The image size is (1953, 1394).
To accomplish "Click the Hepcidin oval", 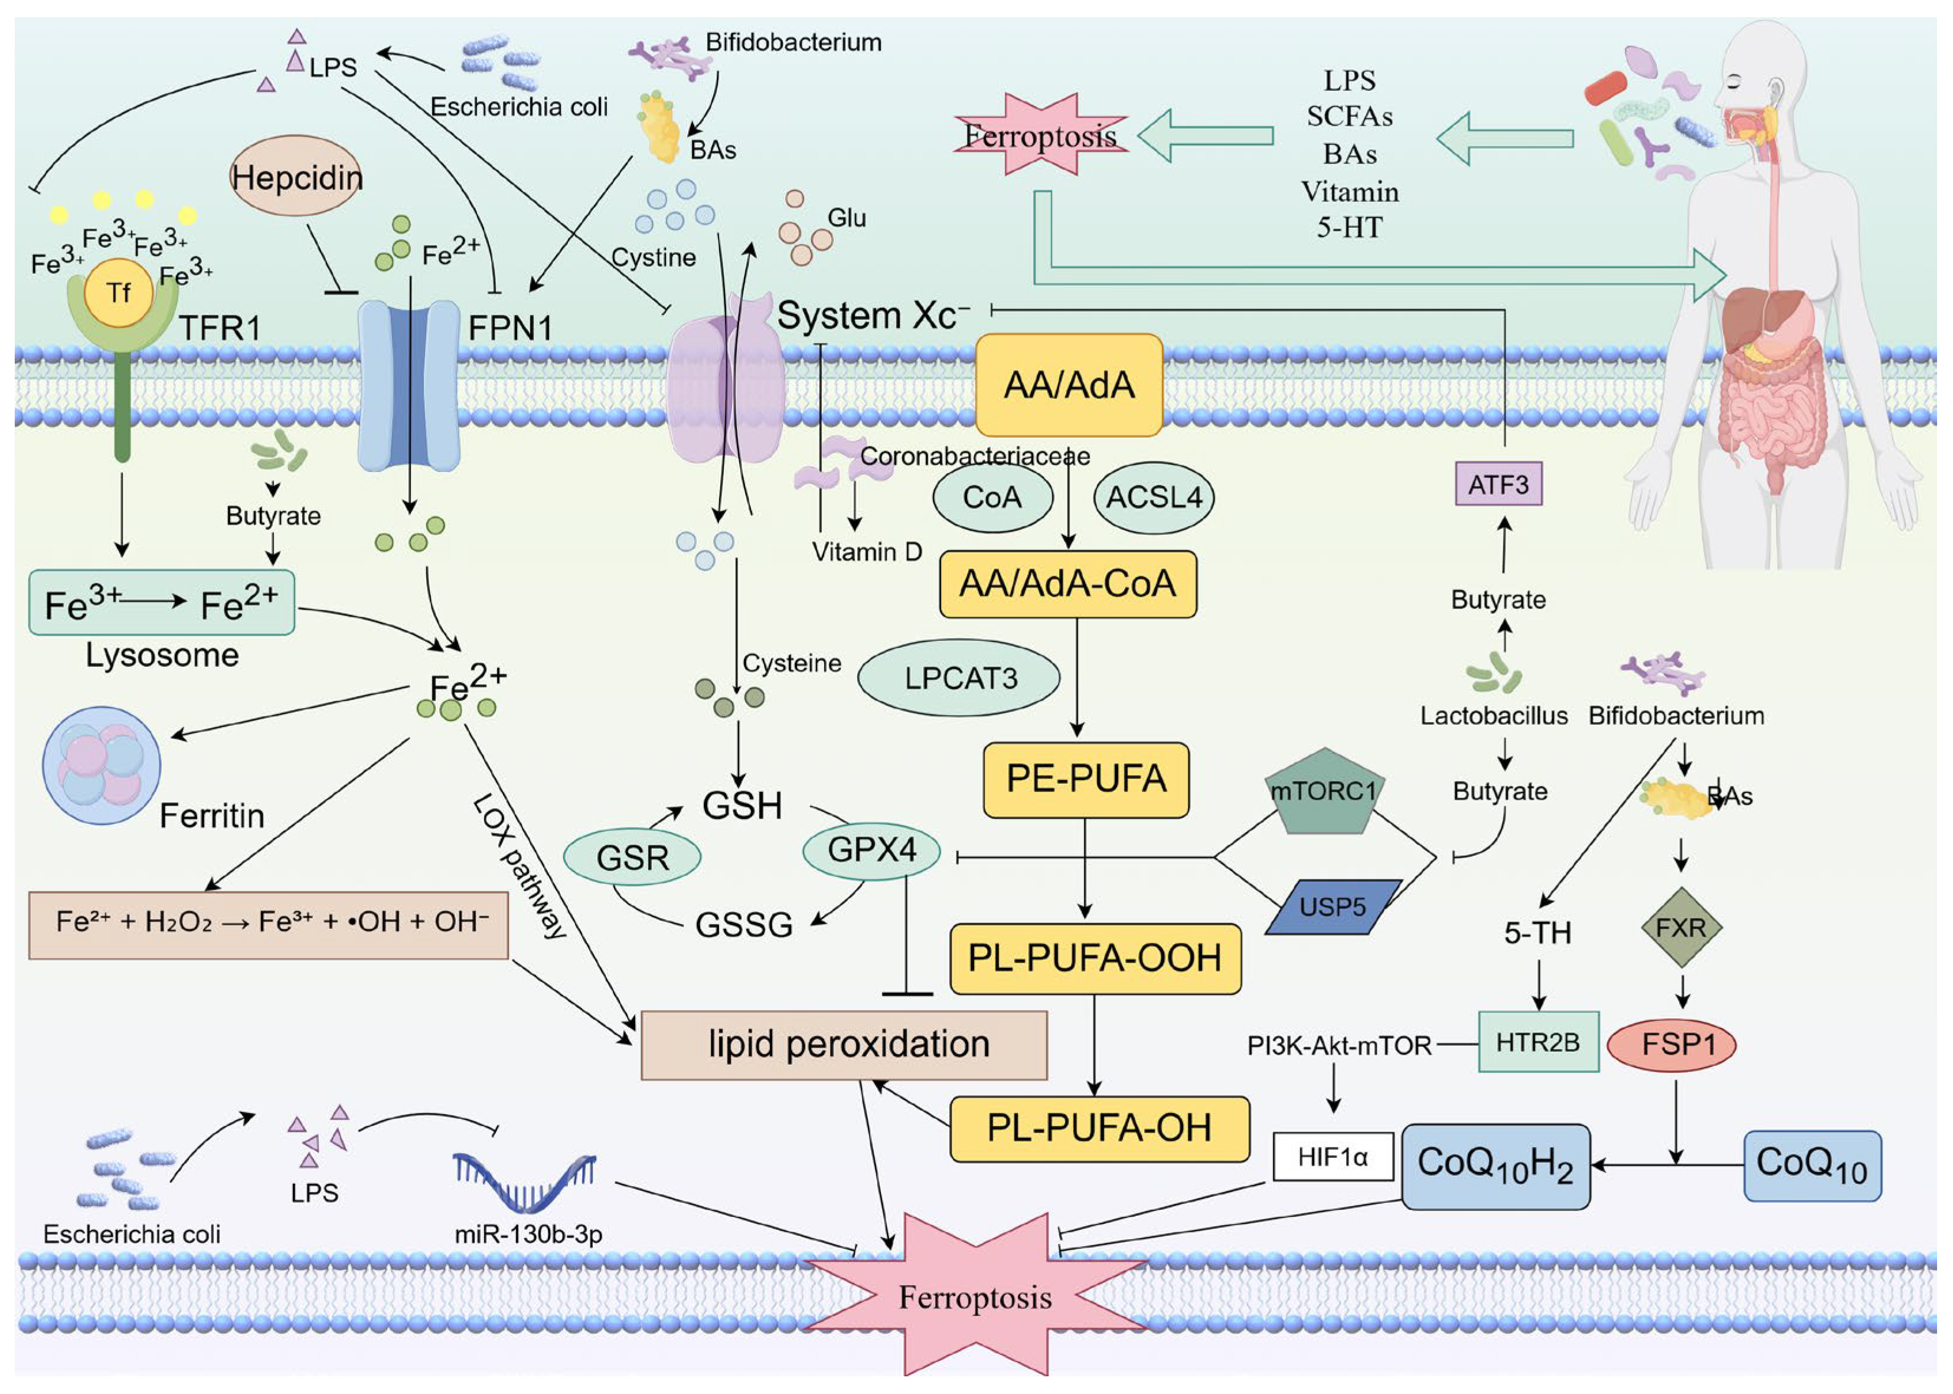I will pos(296,177).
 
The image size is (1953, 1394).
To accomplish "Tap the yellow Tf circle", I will pos(119,293).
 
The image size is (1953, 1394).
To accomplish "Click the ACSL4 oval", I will pos(1153,497).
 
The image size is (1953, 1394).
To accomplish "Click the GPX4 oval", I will pos(871,850).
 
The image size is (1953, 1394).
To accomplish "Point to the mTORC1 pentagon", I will pos(1323,791).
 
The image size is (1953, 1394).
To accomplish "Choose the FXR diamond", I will pos(1681,928).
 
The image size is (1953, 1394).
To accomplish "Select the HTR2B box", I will pos(1537,1042).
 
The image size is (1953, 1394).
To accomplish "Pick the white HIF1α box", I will pos(1333,1157).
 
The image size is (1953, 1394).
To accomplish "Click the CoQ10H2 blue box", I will pos(1495,1166).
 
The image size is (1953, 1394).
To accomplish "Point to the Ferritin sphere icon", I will pos(102,765).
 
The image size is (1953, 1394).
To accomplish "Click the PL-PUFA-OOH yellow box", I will pos(1095,958).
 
